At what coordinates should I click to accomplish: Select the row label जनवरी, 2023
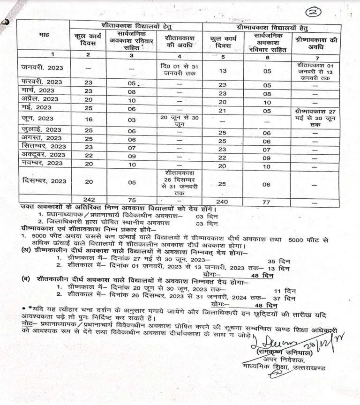pos(42,67)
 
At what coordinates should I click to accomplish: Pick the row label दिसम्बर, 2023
pos(44,180)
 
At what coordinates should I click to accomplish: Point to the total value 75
pos(132,199)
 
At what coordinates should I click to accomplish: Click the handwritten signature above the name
pos(272,337)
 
